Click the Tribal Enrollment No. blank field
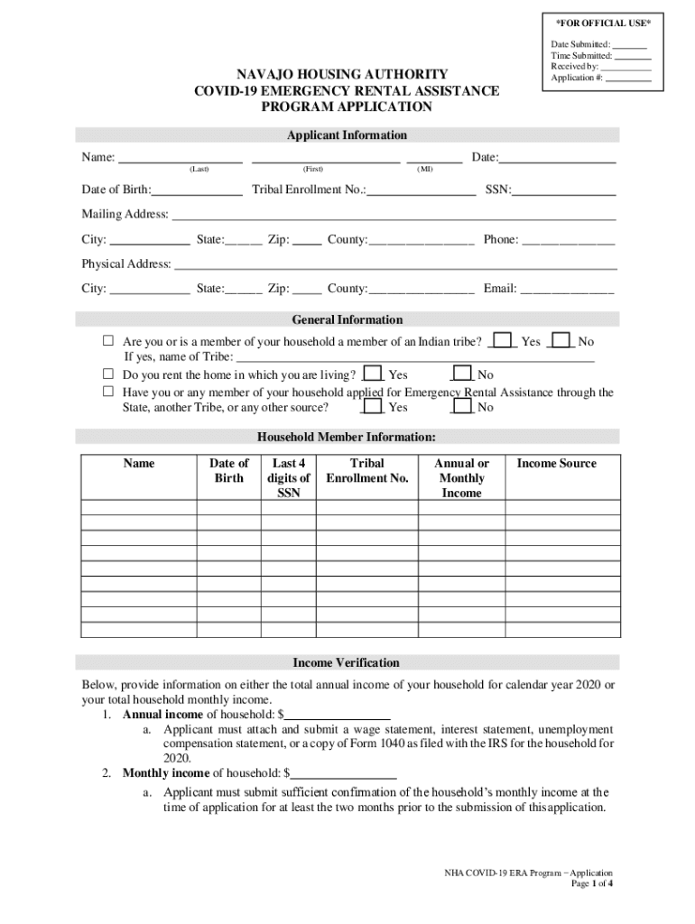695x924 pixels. click(422, 191)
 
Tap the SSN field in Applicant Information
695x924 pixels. click(565, 191)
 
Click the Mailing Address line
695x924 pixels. click(394, 216)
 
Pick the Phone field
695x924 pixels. click(569, 241)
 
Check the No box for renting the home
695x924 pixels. click(462, 374)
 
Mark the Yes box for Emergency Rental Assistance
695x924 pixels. click(371, 407)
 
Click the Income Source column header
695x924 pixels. click(556, 464)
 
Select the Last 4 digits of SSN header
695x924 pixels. click(289, 478)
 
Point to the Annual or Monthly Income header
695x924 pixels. click(461, 478)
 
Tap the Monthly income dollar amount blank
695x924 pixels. click(344, 774)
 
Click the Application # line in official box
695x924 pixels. click(627, 79)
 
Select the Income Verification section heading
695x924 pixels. click(347, 662)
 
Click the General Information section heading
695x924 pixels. click(347, 319)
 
